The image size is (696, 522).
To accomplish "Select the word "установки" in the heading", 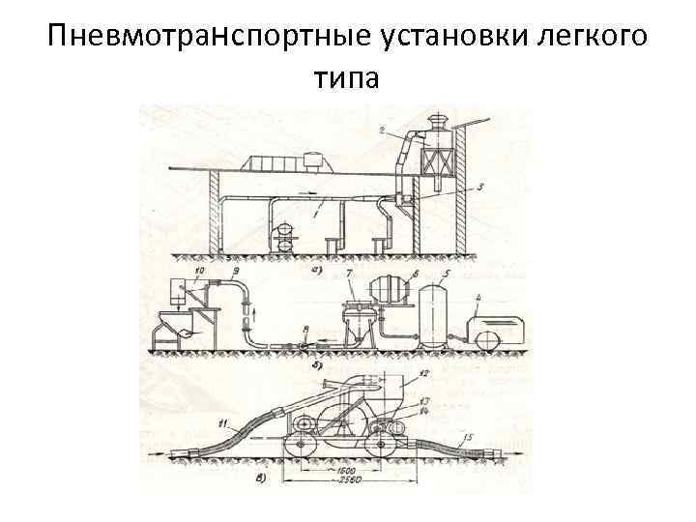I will click(435, 39).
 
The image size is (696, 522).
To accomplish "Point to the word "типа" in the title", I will click(348, 77).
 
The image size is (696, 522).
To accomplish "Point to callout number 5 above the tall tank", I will click(445, 275).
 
